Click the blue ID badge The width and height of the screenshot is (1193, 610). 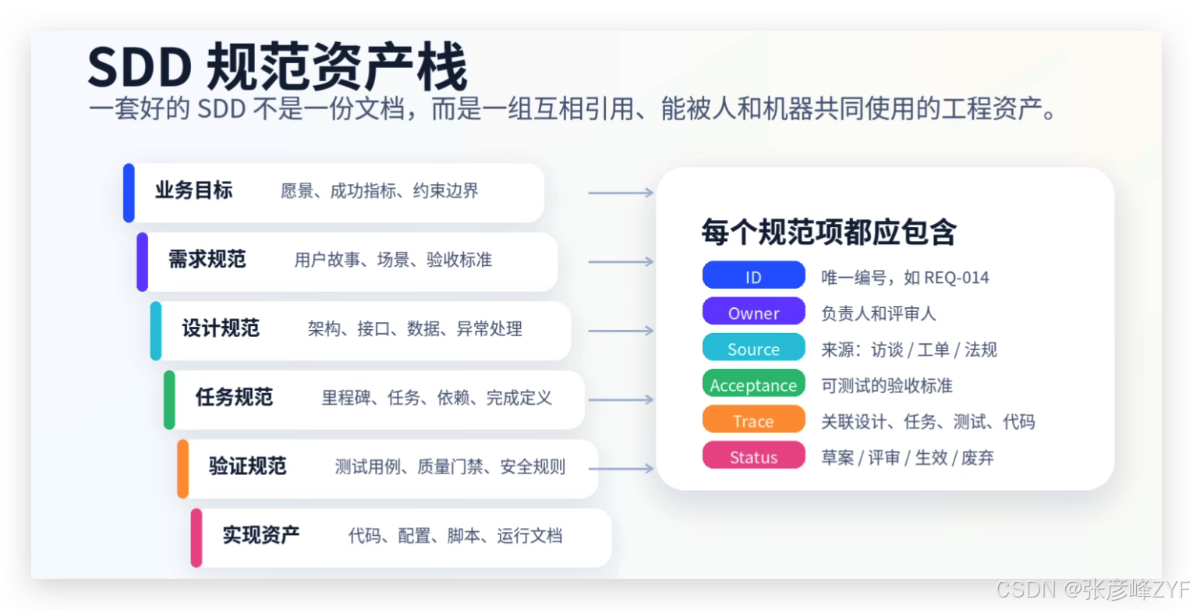(753, 275)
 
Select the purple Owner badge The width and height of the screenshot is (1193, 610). (753, 312)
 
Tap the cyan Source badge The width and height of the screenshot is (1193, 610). (753, 347)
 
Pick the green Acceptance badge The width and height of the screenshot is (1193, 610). (753, 384)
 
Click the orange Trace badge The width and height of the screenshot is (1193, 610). (753, 419)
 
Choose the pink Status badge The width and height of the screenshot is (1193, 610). (753, 456)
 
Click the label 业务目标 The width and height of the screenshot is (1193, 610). (194, 190)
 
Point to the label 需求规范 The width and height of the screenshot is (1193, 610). (207, 260)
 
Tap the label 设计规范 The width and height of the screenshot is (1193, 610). (221, 328)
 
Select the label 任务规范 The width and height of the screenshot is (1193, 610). (235, 397)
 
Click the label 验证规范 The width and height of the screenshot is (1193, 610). (248, 466)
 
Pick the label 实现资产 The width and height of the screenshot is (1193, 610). (261, 535)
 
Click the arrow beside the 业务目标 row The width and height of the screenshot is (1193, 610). (621, 193)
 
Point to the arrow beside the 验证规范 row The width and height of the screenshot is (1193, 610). (621, 468)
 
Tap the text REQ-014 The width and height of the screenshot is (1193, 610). (957, 278)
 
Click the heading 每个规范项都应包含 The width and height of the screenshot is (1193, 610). (829, 232)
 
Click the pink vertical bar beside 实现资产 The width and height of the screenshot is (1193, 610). (196, 538)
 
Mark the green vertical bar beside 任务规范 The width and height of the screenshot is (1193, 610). (169, 400)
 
